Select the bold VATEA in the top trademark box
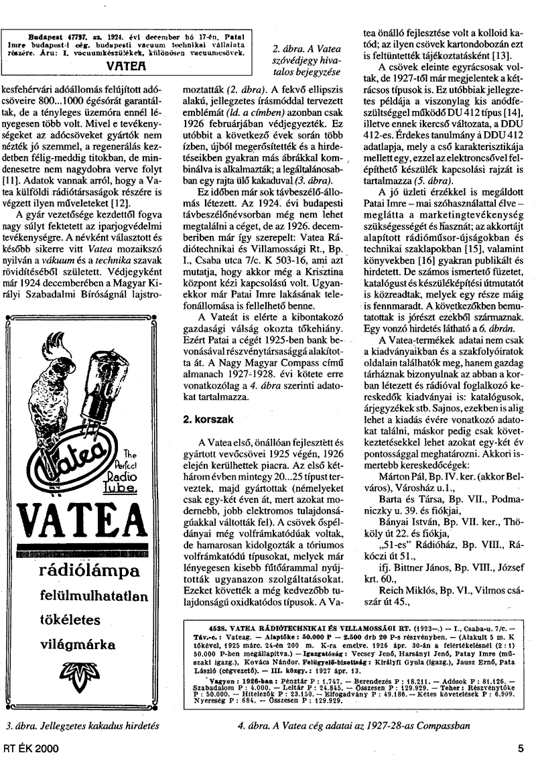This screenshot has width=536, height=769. coord(127,68)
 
